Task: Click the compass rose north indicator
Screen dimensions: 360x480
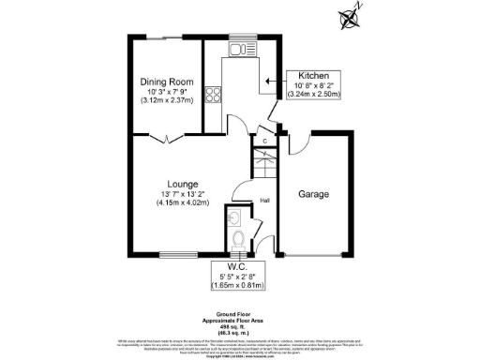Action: tap(352, 16)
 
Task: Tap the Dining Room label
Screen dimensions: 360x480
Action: tap(167, 82)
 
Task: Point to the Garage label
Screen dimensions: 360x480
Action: tap(314, 195)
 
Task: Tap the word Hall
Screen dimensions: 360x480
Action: tap(265, 200)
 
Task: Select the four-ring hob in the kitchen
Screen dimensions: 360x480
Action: tap(214, 94)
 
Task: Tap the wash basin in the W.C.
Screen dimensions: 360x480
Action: tap(233, 217)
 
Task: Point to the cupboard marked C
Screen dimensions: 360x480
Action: tap(265, 142)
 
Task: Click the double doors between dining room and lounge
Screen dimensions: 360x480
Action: tap(166, 139)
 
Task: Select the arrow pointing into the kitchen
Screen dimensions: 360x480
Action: tap(274, 82)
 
